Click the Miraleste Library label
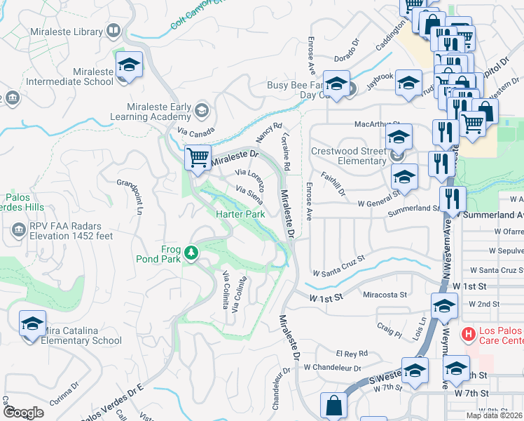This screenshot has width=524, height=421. tap(67, 31)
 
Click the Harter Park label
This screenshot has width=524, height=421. tap(240, 213)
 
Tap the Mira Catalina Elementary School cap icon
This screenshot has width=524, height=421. tap(32, 323)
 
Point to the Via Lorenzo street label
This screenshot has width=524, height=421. tap(251, 180)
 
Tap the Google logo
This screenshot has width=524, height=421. tap(24, 413)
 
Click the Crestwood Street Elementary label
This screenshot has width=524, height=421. tap(348, 156)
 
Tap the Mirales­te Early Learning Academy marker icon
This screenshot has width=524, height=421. tap(202, 109)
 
